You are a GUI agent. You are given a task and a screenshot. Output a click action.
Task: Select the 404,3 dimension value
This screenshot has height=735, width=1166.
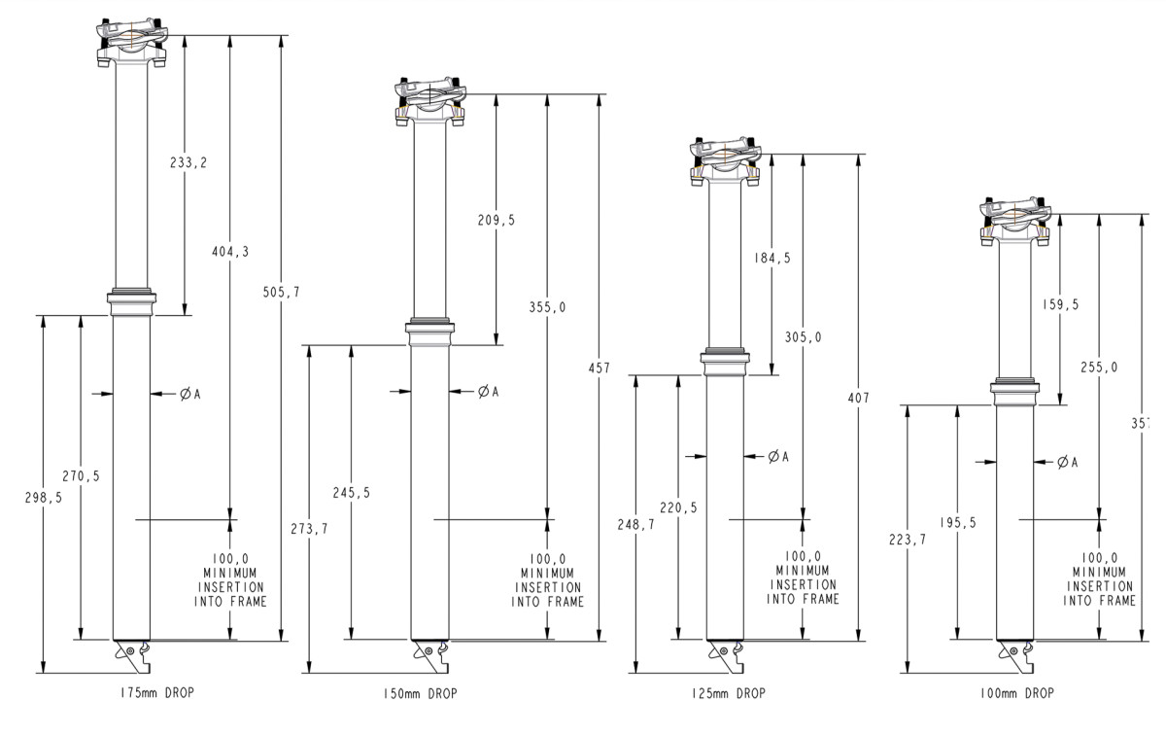230,252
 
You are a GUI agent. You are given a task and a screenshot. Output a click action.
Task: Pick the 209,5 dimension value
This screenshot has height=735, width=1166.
497,221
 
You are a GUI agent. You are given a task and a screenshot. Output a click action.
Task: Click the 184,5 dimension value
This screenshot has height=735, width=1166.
772,259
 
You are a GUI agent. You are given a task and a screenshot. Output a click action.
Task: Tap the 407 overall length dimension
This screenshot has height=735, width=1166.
858,398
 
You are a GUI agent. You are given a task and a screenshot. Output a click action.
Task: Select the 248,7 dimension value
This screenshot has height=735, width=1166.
634,524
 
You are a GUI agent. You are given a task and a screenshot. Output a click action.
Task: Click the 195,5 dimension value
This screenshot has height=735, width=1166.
958,523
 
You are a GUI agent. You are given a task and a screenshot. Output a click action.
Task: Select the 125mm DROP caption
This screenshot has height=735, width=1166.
724,693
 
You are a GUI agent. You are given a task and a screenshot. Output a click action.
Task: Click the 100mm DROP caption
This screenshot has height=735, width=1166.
1017,693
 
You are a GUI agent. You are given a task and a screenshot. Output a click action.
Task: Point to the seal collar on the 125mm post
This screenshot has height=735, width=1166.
726,362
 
